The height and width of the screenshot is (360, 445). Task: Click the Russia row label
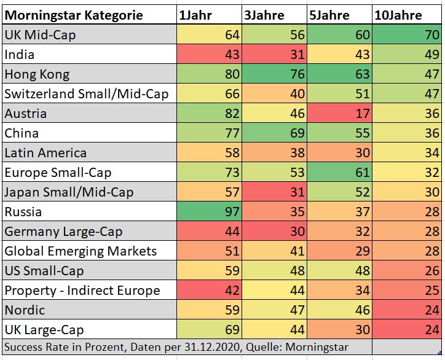(23, 212)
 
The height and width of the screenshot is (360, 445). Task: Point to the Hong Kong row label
(37, 74)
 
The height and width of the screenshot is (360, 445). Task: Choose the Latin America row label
(45, 153)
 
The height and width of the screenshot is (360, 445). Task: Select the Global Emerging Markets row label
(81, 251)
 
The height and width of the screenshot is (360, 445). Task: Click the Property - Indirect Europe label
(82, 291)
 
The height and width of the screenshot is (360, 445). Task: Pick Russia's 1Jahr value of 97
(208, 212)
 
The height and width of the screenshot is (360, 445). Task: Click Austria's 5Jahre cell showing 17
(340, 114)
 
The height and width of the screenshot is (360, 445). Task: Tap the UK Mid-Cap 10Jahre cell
(407, 35)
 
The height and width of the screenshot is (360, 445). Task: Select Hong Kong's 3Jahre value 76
(274, 74)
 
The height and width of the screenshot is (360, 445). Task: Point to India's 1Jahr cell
(208, 55)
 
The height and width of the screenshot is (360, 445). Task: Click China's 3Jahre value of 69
(274, 133)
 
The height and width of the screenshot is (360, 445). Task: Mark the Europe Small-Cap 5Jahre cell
(340, 173)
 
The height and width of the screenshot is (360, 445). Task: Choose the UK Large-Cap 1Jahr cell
(208, 330)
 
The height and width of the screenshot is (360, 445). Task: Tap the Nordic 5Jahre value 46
(340, 310)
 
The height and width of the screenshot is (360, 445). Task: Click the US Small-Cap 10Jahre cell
(407, 271)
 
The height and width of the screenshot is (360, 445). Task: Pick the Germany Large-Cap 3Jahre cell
(274, 232)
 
